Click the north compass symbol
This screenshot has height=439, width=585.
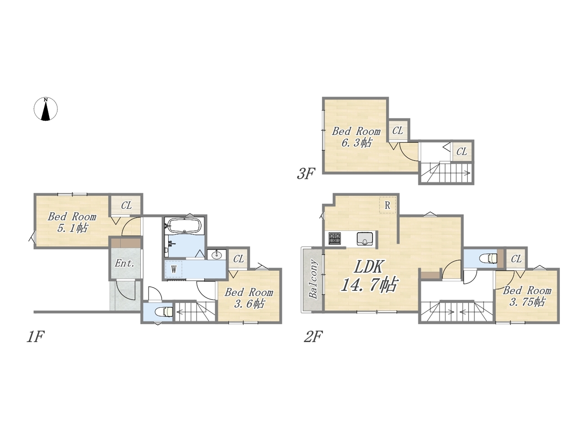(x=46, y=109)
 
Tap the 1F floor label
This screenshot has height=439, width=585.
(x=36, y=337)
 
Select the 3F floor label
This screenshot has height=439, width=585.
(x=306, y=173)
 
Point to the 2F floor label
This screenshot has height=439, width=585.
(x=314, y=337)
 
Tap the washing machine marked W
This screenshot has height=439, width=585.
(x=174, y=269)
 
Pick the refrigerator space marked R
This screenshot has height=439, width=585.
(x=388, y=205)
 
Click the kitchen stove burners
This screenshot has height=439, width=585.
(x=335, y=238)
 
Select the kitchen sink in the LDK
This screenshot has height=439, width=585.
(x=365, y=239)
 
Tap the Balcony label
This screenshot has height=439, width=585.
(x=313, y=279)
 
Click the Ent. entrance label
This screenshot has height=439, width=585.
(x=124, y=263)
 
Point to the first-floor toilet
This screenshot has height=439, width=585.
(x=165, y=311)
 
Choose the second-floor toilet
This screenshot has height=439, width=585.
(x=488, y=258)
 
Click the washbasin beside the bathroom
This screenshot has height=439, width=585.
(x=217, y=255)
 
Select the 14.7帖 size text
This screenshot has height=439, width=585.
(x=369, y=284)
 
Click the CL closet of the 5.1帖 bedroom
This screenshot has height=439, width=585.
(x=127, y=205)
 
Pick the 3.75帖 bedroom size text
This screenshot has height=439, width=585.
(x=527, y=302)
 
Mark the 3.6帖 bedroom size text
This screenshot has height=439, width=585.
(x=249, y=304)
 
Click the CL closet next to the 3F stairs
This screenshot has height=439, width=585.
(x=462, y=152)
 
